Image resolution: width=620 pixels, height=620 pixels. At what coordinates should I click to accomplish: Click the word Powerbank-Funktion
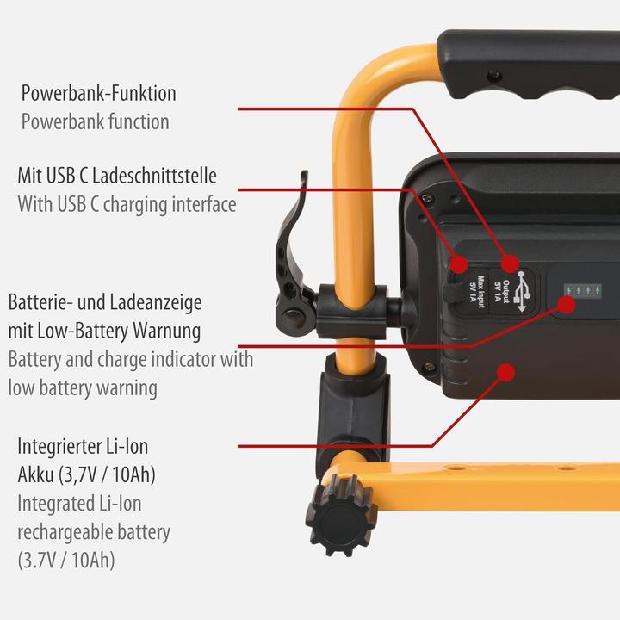pos(98,92)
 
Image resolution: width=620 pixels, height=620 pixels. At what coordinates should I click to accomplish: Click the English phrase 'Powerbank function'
pos(95,121)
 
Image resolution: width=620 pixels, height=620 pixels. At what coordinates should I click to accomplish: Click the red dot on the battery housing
pos(507,372)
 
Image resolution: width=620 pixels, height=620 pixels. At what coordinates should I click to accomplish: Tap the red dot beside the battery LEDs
pos(567,303)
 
